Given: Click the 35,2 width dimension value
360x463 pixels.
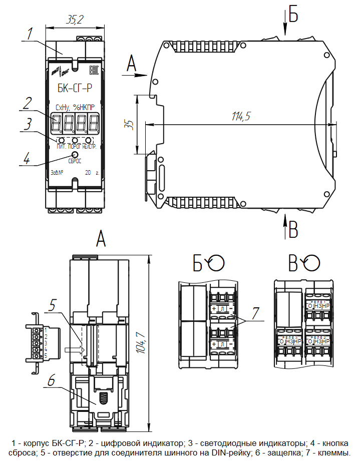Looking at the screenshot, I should [75, 20].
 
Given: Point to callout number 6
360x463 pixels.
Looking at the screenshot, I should [52, 380].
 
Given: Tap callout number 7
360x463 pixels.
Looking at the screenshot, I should [256, 314].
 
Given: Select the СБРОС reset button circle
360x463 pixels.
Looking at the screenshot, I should [75, 154].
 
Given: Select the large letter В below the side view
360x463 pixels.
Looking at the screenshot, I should [293, 231].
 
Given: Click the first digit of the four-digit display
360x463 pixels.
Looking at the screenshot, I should [57, 121].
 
